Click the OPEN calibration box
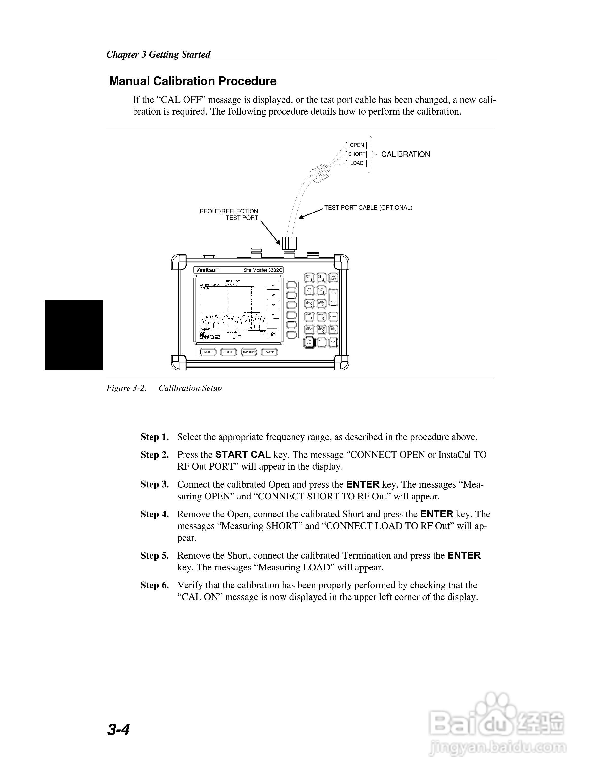(356, 145)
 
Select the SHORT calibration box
(356, 154)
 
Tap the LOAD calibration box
(356, 163)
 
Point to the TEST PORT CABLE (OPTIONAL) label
(368, 207)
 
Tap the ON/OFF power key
(309, 342)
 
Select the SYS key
(333, 342)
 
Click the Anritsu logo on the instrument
(207, 270)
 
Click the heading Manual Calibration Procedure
(193, 81)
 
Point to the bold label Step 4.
(154, 514)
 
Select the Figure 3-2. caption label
(126, 388)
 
